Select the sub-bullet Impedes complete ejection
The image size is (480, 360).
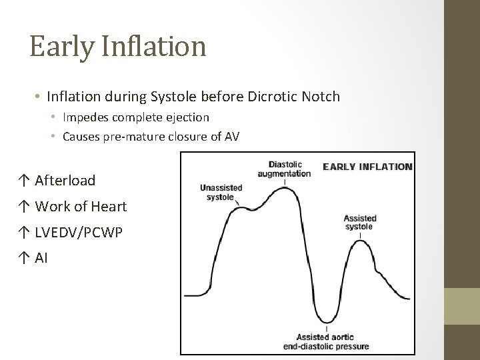[x=135, y=117]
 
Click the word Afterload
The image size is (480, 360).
[x=65, y=180]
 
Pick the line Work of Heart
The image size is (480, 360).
[x=80, y=207]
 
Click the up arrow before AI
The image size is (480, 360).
[x=24, y=258]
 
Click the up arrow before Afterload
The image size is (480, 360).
[x=24, y=180]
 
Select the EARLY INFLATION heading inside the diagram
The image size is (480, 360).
[x=367, y=167]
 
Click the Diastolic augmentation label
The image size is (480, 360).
[x=285, y=169]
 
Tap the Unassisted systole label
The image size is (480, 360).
[x=221, y=192]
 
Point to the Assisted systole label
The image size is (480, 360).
[x=359, y=222]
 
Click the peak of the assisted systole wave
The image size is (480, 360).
[x=360, y=241]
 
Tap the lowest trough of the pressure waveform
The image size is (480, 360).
[x=325, y=321]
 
